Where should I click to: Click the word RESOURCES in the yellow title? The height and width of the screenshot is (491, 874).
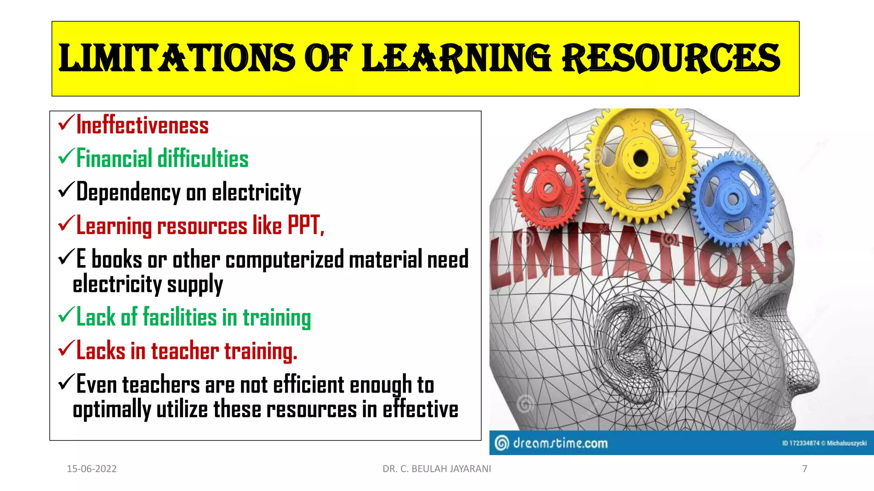(x=671, y=58)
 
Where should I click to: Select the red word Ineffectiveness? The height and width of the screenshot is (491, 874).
(x=142, y=126)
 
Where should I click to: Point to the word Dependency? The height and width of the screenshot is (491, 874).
(x=128, y=193)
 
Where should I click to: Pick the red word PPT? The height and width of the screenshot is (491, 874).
(x=306, y=225)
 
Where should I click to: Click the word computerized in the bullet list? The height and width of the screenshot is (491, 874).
(x=284, y=260)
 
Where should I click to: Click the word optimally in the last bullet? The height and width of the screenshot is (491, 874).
(x=112, y=410)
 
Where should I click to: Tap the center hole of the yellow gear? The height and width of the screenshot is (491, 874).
(x=640, y=159)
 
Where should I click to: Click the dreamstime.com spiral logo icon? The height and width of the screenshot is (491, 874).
(x=502, y=443)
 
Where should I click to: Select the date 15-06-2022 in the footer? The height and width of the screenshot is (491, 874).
(x=92, y=469)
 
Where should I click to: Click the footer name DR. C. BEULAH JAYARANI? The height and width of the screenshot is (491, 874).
(x=437, y=469)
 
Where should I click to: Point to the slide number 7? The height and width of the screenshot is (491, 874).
(x=804, y=469)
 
